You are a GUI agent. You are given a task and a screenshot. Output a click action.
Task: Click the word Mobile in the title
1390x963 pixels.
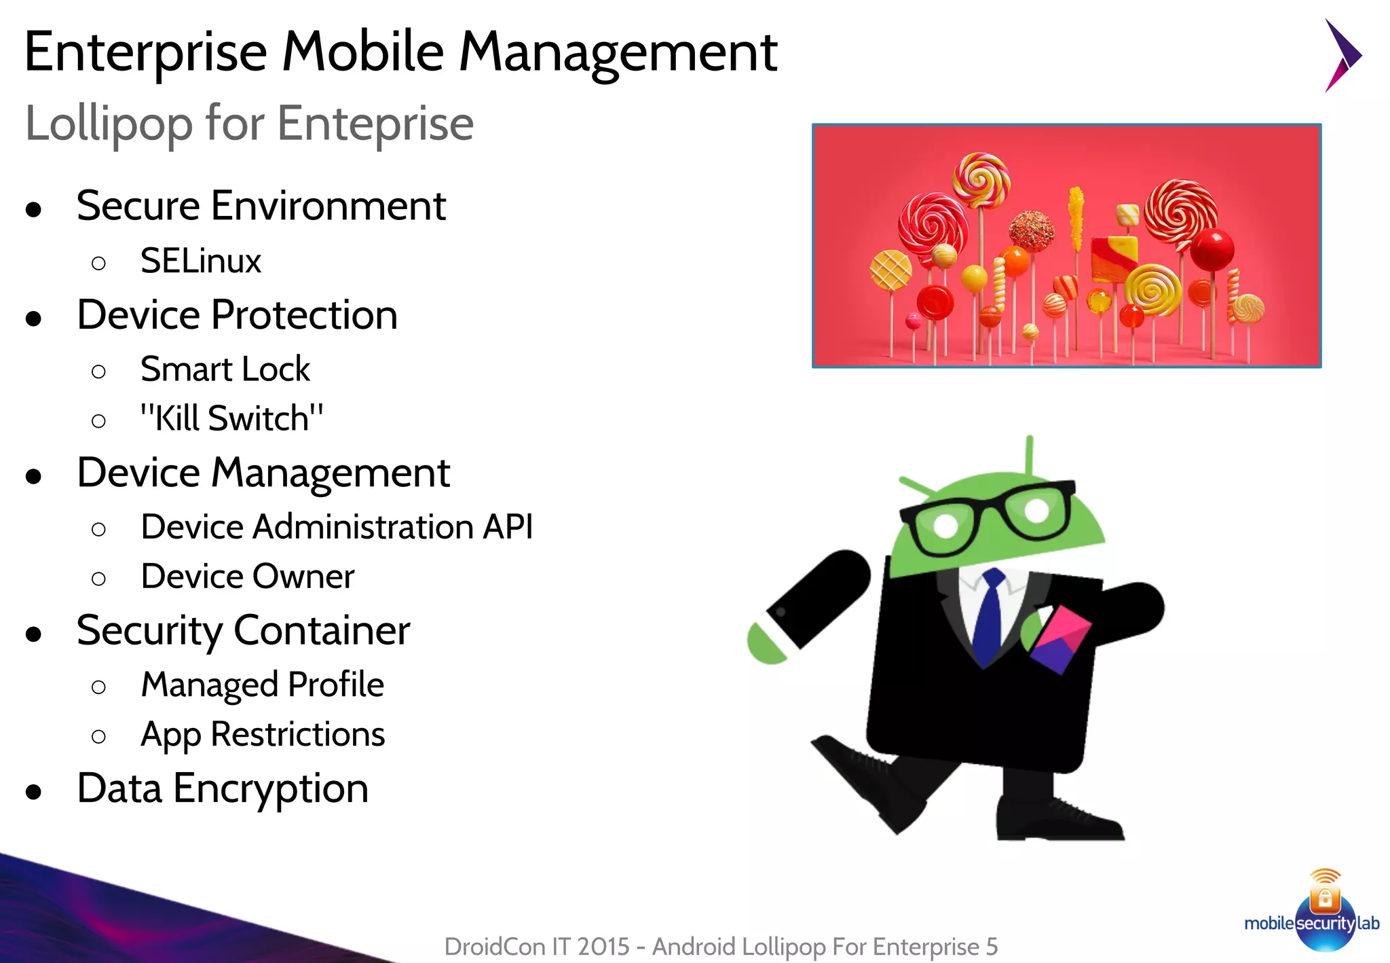click(x=362, y=52)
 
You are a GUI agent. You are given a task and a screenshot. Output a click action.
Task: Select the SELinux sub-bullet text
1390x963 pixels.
click(x=200, y=261)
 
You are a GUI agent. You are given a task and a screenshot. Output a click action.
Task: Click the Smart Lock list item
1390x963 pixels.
click(x=225, y=369)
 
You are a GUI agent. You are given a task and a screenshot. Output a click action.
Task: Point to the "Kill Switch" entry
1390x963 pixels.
click(x=231, y=418)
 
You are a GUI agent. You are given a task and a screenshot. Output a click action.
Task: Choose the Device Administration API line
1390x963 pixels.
click(x=337, y=527)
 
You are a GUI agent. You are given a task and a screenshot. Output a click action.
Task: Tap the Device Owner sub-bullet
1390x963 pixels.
click(x=247, y=577)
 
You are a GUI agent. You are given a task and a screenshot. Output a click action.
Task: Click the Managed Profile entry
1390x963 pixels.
click(x=262, y=685)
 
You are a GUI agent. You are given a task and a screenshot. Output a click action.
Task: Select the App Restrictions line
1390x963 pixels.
click(x=263, y=734)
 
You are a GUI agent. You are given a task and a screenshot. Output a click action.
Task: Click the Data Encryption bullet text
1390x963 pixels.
click(x=223, y=788)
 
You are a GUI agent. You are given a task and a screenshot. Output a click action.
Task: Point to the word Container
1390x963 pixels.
click(x=322, y=631)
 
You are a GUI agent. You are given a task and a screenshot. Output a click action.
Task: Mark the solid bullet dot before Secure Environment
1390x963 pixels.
click(x=33, y=209)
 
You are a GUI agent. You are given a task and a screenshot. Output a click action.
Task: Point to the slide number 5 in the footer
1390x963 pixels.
click(x=992, y=947)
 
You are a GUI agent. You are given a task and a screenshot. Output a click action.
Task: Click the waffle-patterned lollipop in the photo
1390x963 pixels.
click(x=890, y=270)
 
